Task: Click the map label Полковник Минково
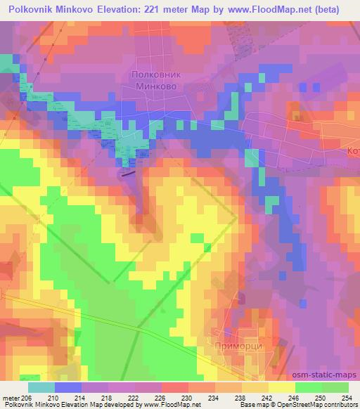click(x=152, y=80)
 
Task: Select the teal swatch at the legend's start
click(x=41, y=387)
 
